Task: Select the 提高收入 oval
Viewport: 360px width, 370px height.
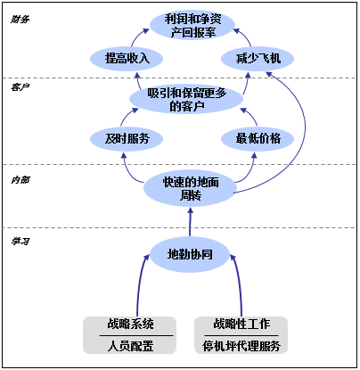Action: coord(126,59)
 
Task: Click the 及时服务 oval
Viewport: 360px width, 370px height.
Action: coord(126,138)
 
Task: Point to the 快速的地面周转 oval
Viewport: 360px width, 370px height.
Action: coord(192,187)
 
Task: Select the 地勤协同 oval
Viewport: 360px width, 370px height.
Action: coord(191,253)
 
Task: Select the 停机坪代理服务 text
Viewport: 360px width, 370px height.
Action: coord(241,346)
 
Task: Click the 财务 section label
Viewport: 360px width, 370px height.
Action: coord(20,19)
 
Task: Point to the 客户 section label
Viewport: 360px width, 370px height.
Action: coord(20,87)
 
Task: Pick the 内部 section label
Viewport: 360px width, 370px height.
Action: coord(20,179)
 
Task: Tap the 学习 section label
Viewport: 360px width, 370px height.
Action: coord(20,241)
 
